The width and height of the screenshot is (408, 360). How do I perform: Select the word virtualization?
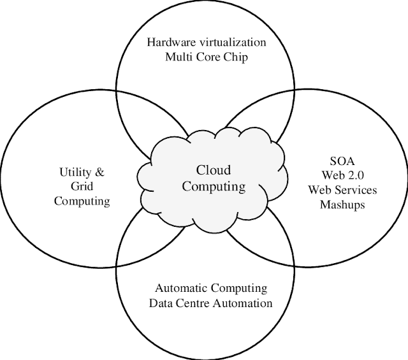tap(227, 43)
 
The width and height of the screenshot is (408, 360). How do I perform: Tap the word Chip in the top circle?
tap(234, 57)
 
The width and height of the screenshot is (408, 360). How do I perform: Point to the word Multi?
tap(180, 57)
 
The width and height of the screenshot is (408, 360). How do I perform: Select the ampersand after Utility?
tap(101, 173)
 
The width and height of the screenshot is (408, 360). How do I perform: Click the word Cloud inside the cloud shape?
tap(214, 171)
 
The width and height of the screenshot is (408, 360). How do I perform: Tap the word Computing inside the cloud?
tap(214, 187)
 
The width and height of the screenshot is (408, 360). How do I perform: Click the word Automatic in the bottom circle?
tap(179, 289)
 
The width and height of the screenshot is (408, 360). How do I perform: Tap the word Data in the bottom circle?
tap(161, 303)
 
